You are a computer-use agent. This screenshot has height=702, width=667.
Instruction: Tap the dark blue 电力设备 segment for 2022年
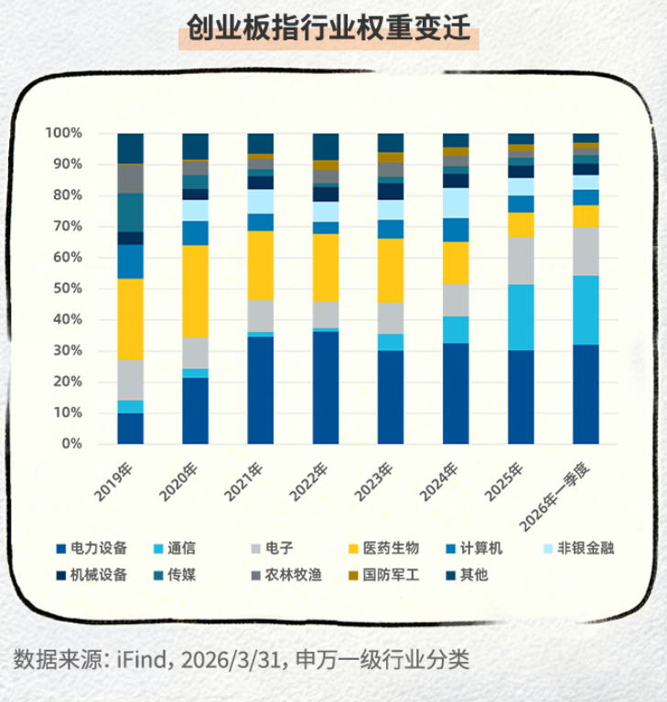click(326, 388)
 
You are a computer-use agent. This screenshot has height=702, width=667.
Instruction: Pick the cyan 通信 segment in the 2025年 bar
click(522, 317)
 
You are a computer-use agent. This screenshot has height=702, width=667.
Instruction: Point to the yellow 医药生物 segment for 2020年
click(196, 291)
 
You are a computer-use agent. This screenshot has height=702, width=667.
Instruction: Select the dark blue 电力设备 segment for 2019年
click(131, 428)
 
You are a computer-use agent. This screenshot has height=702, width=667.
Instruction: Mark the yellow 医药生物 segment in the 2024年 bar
click(456, 263)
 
